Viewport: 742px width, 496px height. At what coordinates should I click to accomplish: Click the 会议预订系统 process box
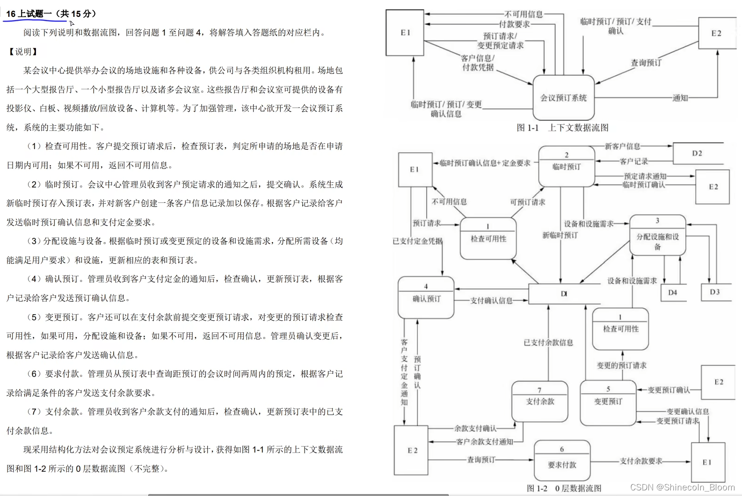point(563,98)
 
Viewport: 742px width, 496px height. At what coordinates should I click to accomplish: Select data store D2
point(697,153)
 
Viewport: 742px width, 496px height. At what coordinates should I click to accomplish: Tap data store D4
point(672,292)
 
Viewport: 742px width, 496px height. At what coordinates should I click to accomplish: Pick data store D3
point(714,292)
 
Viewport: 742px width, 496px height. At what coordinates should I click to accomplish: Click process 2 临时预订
point(566,166)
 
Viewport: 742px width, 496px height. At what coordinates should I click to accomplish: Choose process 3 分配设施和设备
point(657,236)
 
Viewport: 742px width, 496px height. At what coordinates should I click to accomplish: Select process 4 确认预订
point(426,298)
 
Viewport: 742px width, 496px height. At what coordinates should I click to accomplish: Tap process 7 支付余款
point(539,401)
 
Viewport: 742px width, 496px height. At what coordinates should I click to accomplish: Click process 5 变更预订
point(608,401)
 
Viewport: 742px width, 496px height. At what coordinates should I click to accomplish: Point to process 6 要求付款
point(562,464)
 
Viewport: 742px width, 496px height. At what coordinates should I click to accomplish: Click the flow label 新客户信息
point(622,146)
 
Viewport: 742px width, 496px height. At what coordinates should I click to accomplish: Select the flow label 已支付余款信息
point(548,343)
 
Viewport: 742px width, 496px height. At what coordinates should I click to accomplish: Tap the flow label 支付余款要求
point(641,461)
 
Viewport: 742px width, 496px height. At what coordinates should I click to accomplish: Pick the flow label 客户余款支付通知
point(485,441)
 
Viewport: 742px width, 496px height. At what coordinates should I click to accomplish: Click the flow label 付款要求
point(514,24)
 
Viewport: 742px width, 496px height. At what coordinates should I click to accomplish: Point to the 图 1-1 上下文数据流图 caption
point(562,128)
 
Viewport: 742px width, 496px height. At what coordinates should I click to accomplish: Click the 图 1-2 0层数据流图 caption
point(564,488)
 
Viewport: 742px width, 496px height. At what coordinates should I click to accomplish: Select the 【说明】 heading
point(22,51)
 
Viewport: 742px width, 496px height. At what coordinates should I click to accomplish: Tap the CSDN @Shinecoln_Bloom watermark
point(682,487)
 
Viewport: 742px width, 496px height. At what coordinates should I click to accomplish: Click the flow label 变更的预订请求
point(621,366)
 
